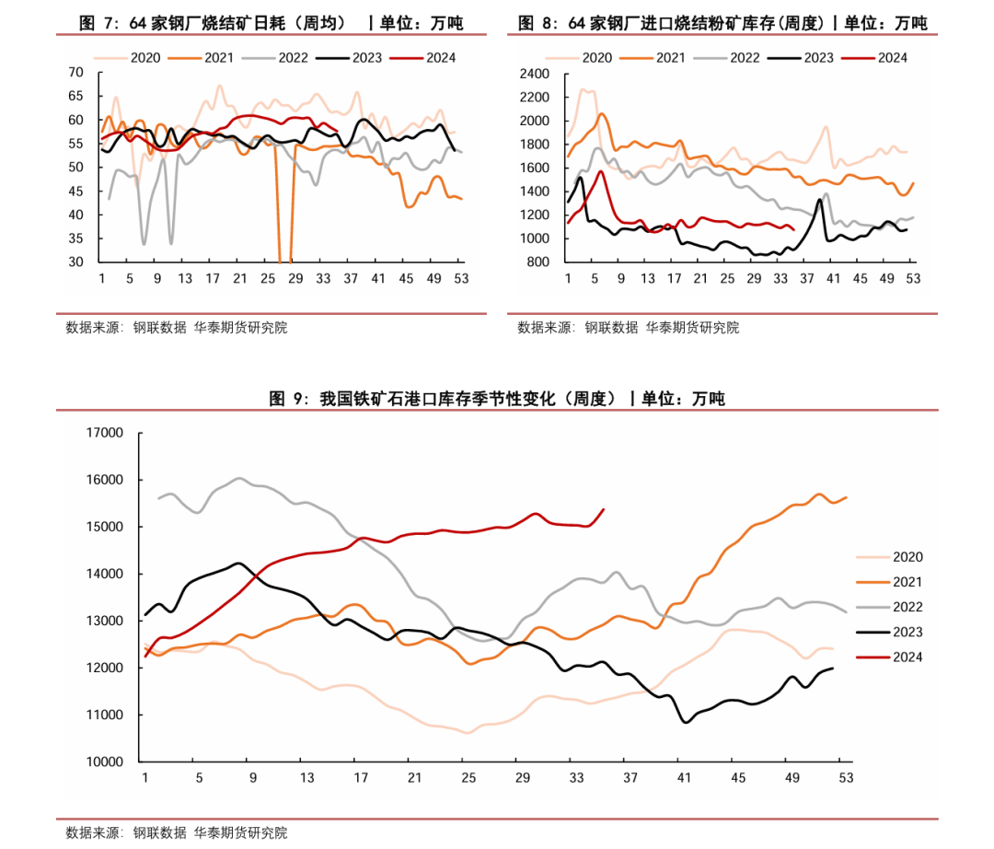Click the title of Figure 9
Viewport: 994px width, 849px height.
[x=497, y=399]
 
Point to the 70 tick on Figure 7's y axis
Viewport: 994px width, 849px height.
[x=75, y=73]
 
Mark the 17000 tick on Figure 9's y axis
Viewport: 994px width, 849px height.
[x=104, y=433]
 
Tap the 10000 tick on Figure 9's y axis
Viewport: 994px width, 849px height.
[x=104, y=762]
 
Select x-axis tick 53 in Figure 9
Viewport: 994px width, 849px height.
[x=845, y=778]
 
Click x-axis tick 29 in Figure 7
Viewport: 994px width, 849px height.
[x=296, y=278]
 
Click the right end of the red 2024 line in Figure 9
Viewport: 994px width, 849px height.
[x=604, y=509]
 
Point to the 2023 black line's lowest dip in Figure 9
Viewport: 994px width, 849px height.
[x=685, y=722]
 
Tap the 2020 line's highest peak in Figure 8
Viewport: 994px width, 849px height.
[x=582, y=90]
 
